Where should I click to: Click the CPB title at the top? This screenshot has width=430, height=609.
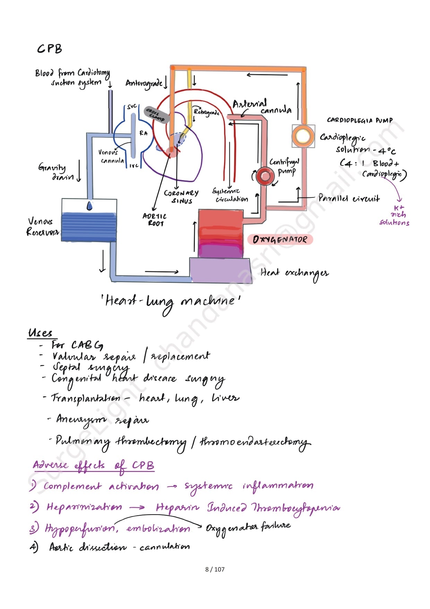(x=49, y=49)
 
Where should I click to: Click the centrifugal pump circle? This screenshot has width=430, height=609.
(x=265, y=176)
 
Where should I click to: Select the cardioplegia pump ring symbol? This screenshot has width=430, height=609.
(x=303, y=136)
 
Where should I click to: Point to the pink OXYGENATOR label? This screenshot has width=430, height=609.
(x=280, y=239)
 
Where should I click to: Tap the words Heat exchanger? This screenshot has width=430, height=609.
(x=294, y=273)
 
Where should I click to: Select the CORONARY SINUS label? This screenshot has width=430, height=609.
(x=181, y=196)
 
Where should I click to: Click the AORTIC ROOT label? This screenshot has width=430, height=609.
(x=154, y=220)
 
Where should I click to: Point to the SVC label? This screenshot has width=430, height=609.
(x=132, y=107)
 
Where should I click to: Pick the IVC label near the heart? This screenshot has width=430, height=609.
(x=134, y=166)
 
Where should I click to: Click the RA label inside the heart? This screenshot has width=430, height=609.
(x=143, y=133)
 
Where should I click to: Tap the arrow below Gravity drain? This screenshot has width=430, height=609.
(x=79, y=171)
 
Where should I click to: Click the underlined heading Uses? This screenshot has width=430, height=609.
(x=41, y=333)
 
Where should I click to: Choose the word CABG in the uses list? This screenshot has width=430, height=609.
(x=87, y=345)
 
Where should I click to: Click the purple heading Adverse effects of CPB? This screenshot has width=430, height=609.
(x=94, y=465)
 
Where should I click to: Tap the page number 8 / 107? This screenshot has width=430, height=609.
(x=215, y=569)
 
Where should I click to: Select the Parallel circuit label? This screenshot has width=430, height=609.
(x=349, y=198)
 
